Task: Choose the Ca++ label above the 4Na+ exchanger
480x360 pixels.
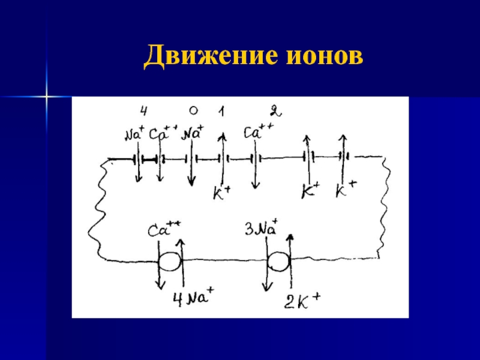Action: (164, 229)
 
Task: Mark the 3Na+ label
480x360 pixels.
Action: (262, 228)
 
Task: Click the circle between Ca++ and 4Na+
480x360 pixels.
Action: (169, 262)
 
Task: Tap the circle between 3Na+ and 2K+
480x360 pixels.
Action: (278, 262)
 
